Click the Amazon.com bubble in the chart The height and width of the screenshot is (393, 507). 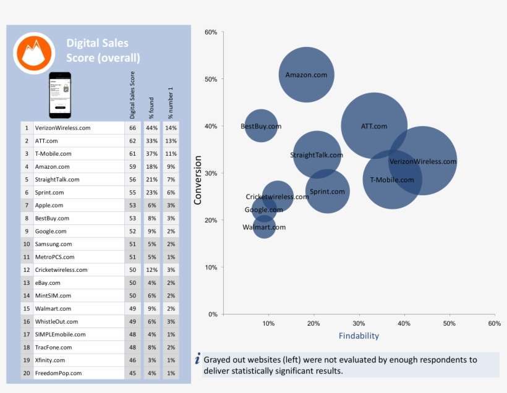[x=306, y=75]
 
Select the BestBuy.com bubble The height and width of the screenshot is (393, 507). [x=261, y=126]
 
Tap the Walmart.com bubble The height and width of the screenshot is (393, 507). [x=264, y=227]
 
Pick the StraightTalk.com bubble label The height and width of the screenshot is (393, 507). [x=317, y=155]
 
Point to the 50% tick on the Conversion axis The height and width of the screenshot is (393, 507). [x=211, y=79]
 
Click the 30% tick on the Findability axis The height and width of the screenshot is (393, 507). [x=359, y=324]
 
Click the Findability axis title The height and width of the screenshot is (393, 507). [x=359, y=336]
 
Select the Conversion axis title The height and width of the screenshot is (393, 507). [x=198, y=180]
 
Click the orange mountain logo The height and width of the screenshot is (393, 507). [x=34, y=53]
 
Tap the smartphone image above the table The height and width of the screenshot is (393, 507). [x=61, y=95]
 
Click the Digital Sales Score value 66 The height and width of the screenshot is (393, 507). [x=132, y=128]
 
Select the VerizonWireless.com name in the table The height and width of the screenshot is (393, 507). [x=62, y=128]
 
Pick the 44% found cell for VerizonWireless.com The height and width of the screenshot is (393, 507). [x=151, y=128]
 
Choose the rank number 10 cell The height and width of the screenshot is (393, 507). [x=27, y=244]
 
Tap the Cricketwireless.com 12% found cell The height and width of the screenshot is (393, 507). [x=151, y=270]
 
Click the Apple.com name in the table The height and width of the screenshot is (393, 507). [x=49, y=205]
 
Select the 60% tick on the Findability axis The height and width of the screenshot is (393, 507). [x=493, y=324]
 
